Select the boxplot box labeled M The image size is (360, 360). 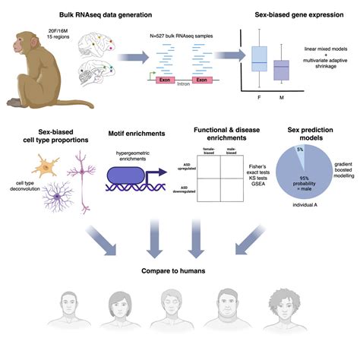pos(281,70)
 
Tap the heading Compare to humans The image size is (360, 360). pos(178,270)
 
